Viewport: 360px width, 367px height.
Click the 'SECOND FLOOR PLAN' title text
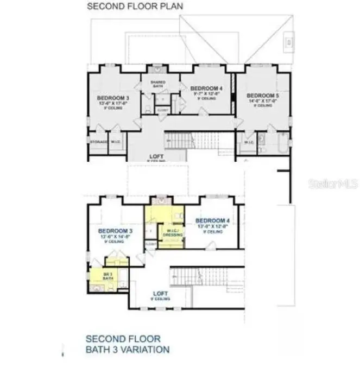[135, 6]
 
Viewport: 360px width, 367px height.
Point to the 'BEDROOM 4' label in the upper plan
[206, 88]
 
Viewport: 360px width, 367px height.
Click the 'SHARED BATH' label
[158, 84]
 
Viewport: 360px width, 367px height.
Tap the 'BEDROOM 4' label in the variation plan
[212, 220]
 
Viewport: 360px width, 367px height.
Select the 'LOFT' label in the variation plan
[161, 294]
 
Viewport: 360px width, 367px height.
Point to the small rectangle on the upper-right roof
[290, 41]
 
